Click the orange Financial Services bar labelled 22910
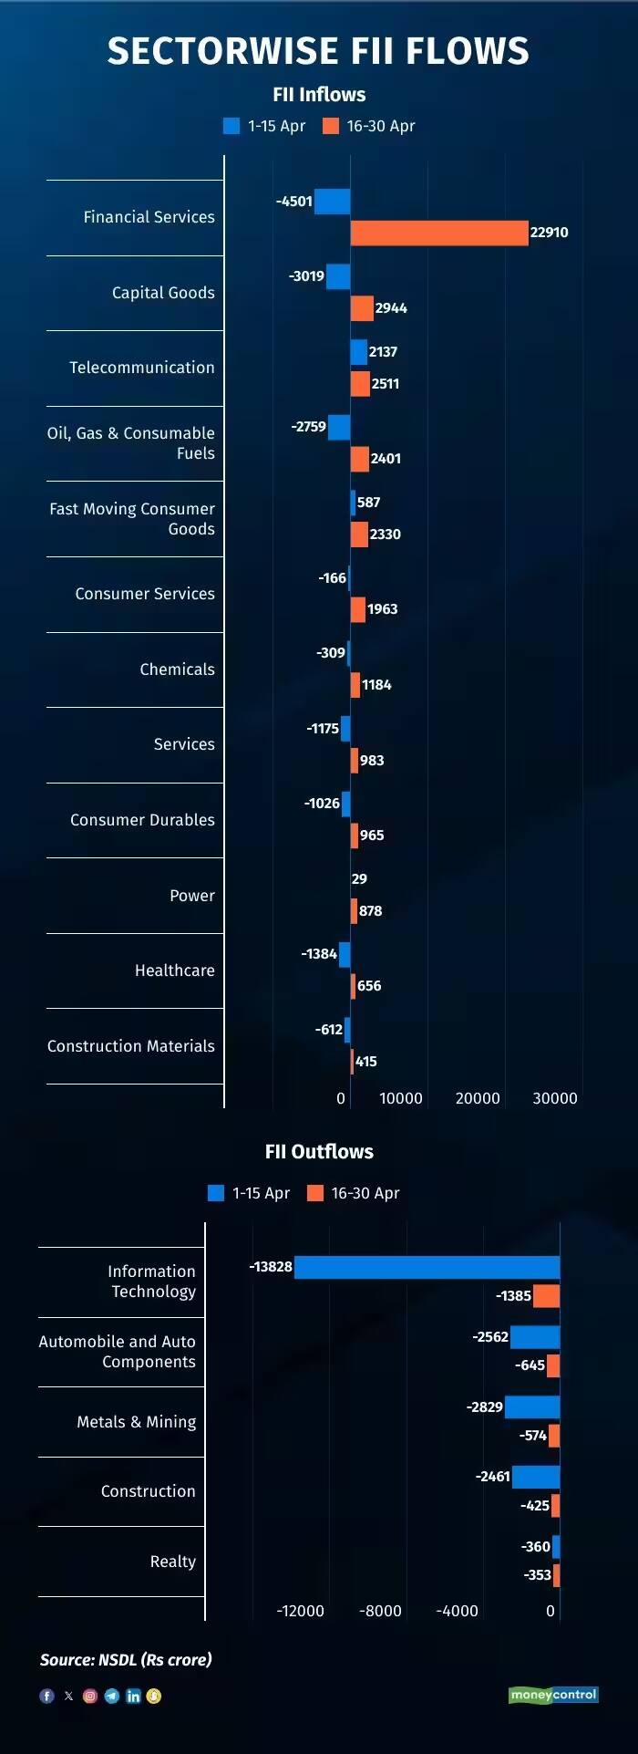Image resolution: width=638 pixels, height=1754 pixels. [439, 233]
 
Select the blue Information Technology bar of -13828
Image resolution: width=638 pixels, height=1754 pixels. [427, 1267]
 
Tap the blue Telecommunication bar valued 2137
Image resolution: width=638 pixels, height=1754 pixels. [359, 352]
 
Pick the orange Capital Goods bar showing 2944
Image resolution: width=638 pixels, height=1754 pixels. [362, 308]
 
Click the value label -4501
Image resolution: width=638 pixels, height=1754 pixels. [294, 202]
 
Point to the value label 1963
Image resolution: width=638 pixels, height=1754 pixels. [383, 609]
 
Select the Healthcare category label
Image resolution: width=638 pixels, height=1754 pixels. [175, 970]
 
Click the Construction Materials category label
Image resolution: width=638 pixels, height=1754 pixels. [131, 1046]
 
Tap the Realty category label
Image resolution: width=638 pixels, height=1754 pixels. [173, 1562]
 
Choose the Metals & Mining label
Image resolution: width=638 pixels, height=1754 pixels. [137, 1422]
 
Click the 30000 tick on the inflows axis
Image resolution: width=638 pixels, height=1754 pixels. [555, 1098]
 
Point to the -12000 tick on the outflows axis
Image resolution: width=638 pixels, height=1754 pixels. [301, 1611]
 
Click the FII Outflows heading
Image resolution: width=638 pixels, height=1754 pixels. [319, 1151]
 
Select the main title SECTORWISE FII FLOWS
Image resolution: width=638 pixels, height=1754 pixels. [318, 51]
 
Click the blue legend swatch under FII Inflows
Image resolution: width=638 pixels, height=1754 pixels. [232, 126]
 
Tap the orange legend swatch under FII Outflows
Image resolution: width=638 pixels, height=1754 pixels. [315, 1193]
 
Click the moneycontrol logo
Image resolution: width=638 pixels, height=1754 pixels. [553, 1695]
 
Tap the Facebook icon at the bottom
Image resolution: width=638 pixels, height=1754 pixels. [46, 1696]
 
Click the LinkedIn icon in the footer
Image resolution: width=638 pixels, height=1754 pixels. [133, 1696]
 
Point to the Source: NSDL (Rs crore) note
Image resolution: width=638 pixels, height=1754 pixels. [126, 1659]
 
